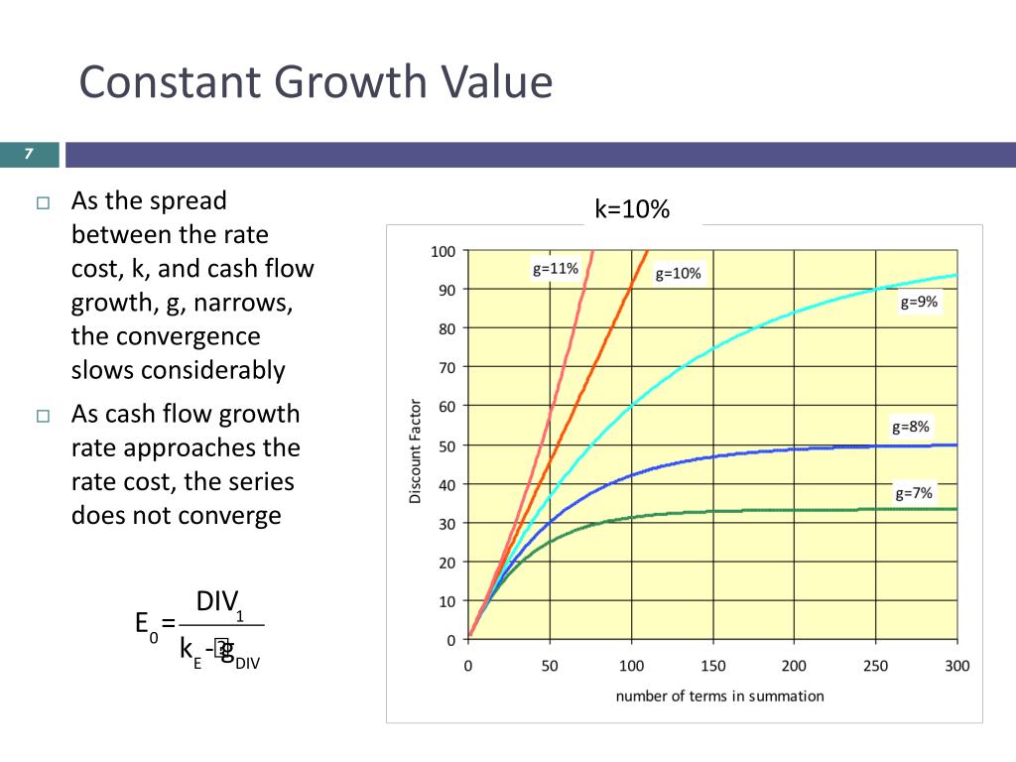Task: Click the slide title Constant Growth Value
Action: (x=316, y=82)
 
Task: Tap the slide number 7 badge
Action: (x=29, y=154)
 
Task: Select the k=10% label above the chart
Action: (x=633, y=209)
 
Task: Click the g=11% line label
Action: (x=555, y=268)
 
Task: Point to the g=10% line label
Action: (x=678, y=274)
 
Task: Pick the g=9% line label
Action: (x=919, y=303)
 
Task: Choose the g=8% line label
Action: (x=911, y=428)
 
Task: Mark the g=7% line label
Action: (x=914, y=492)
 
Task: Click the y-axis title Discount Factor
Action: (x=416, y=451)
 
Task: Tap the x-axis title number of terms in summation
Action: (x=719, y=696)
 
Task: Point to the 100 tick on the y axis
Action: (x=443, y=251)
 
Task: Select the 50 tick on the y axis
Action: (x=446, y=445)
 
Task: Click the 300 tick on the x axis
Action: (x=956, y=666)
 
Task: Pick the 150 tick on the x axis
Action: (x=712, y=666)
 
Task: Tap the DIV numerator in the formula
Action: (x=217, y=602)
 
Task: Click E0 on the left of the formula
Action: (x=146, y=625)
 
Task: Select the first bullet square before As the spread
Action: (x=42, y=203)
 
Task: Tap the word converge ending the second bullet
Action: (x=233, y=515)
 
